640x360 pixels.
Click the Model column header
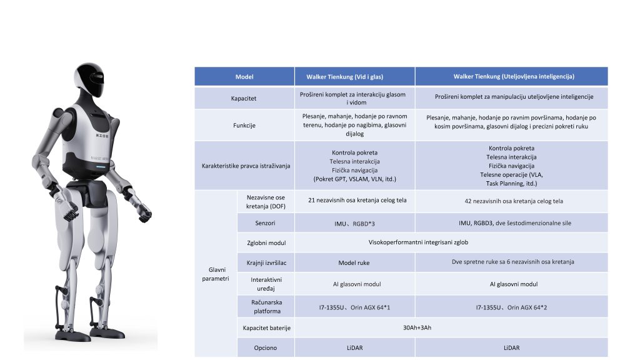coord(244,76)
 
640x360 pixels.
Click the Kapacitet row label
coord(244,98)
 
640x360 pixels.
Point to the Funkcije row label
coord(244,125)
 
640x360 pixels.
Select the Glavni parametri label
coord(215,274)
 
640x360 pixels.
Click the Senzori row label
coord(266,222)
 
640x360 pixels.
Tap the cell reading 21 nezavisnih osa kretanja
coord(354,201)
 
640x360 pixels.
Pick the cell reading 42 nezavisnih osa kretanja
coord(511,201)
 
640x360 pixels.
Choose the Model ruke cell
coord(354,262)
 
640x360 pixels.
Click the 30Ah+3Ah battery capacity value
coord(422,327)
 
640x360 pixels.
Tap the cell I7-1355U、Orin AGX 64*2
coord(511,307)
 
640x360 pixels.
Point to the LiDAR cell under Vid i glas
coord(354,347)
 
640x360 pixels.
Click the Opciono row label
coord(266,347)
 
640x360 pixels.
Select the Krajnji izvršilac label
coord(266,262)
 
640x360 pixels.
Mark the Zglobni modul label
coord(266,242)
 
